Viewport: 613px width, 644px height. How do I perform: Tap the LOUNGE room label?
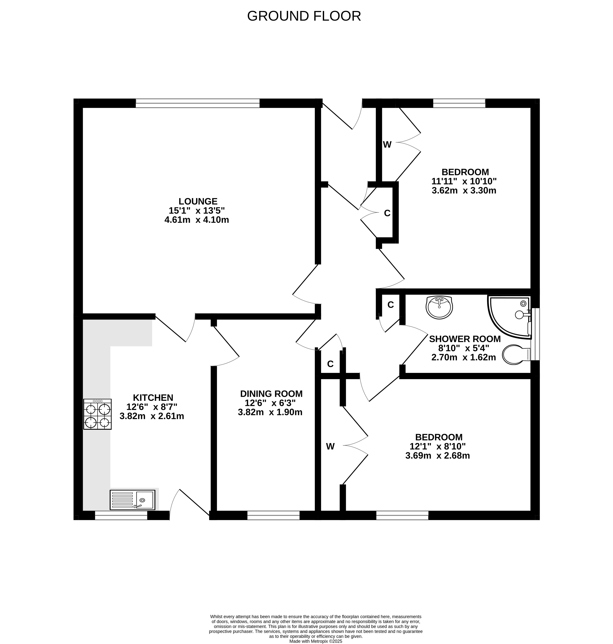point(198,201)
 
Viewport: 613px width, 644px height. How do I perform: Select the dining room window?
point(274,515)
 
